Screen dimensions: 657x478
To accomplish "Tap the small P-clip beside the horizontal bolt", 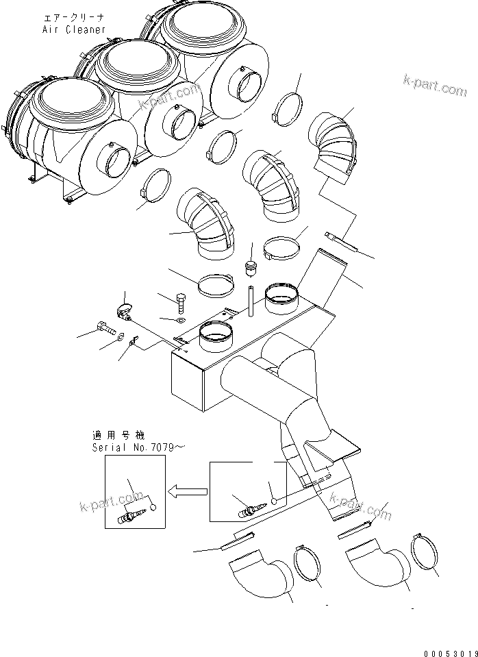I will coord(135,339).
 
